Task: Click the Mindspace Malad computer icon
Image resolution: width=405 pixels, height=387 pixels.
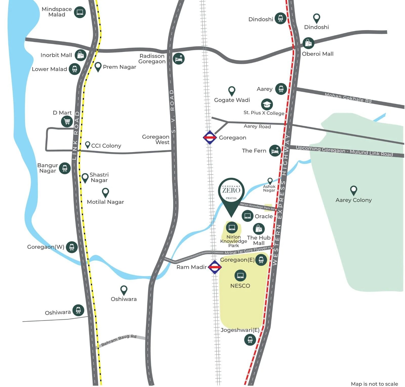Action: (x=80, y=12)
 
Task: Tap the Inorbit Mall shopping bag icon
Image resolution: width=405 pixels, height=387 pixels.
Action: (x=80, y=55)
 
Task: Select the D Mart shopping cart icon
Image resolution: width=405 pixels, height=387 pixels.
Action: (x=67, y=121)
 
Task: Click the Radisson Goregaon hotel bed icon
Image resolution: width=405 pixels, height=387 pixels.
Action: (x=179, y=59)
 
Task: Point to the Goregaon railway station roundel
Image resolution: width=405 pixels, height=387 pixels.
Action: (x=210, y=137)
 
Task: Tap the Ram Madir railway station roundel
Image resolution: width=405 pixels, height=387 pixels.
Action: (x=215, y=267)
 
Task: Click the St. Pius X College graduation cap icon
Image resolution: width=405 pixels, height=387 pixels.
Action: (x=267, y=104)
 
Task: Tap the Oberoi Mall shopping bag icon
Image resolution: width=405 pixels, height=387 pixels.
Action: (x=308, y=43)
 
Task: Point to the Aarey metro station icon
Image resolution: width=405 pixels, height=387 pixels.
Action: (x=281, y=89)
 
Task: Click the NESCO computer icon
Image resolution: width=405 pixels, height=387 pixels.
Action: (x=240, y=275)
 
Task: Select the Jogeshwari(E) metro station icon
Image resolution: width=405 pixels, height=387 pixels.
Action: (x=250, y=339)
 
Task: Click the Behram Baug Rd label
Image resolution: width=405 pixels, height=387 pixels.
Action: (x=119, y=340)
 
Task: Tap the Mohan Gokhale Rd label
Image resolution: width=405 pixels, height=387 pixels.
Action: (x=348, y=98)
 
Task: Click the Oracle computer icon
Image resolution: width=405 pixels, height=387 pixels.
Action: (x=247, y=216)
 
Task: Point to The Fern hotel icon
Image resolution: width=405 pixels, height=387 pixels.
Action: (x=275, y=151)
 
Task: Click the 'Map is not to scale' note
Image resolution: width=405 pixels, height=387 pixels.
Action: (x=374, y=384)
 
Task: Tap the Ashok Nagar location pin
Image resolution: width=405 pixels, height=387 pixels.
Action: (x=270, y=181)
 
